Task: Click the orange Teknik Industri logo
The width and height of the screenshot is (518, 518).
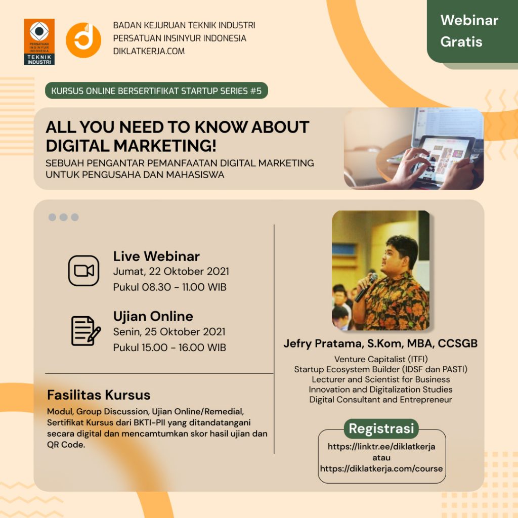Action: pos(39,42)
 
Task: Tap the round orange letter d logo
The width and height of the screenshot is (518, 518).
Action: pos(83,40)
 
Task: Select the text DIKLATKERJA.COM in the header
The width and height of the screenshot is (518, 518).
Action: pos(149,51)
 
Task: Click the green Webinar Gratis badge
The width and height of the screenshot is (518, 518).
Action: pos(472,31)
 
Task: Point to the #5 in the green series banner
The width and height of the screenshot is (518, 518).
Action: pos(255,91)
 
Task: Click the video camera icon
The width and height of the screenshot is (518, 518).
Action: pos(83,271)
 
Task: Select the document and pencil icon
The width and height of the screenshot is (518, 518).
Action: pos(86,331)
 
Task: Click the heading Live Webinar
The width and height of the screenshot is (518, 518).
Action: pos(156,256)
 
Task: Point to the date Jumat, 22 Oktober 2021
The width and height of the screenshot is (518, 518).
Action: pos(171,272)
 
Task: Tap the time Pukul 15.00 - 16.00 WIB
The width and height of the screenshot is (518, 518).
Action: pos(169,348)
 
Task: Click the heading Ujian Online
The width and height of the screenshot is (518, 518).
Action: pos(153,317)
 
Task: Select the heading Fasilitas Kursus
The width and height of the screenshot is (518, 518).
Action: pos(99,395)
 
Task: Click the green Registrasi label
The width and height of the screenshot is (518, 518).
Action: pos(381,428)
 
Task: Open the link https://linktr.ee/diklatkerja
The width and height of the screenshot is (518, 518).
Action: pos(381,447)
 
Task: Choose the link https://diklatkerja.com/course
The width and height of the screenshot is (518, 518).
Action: pos(381,469)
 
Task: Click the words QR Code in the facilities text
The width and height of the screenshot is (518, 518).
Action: pos(66,445)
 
